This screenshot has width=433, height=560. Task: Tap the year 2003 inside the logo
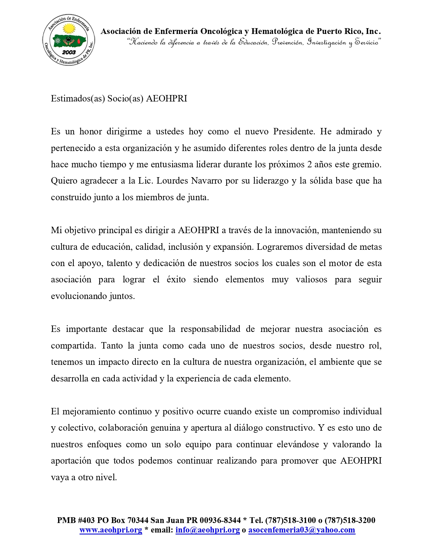69,52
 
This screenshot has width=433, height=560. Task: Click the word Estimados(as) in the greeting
78,99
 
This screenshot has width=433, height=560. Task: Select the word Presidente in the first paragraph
294,132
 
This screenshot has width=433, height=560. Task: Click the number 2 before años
309,165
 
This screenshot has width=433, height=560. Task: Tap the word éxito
176,280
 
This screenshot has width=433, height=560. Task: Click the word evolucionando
79,296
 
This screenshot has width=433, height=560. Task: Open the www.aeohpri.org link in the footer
111,530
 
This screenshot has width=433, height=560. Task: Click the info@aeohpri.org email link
208,530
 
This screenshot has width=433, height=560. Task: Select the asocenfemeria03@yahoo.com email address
302,530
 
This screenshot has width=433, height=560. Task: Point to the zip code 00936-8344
220,521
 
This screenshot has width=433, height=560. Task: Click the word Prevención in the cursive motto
288,42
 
